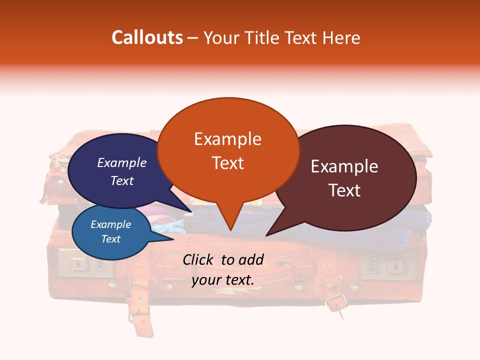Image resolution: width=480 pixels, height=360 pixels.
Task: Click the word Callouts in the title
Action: point(147,37)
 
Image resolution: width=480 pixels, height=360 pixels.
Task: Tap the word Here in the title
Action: point(341,37)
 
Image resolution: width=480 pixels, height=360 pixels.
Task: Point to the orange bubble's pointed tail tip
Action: point(230,230)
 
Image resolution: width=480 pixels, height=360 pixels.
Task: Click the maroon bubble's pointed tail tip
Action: point(266,235)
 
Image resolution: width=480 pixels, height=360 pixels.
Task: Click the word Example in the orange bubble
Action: point(227,139)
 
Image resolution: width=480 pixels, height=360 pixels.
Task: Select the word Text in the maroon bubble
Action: point(344,190)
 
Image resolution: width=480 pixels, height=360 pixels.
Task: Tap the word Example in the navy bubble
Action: point(122,162)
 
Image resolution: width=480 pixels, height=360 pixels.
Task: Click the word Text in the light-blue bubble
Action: point(111,239)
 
